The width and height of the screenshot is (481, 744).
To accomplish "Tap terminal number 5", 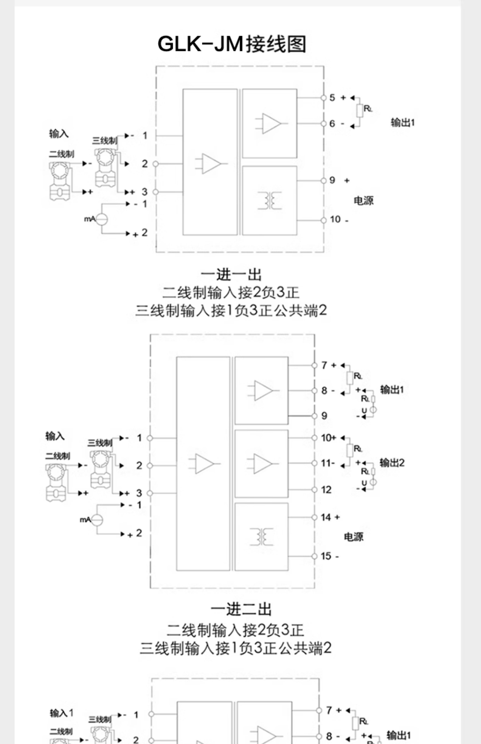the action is pos(332,98).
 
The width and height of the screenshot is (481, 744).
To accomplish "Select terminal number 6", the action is pos(332,124).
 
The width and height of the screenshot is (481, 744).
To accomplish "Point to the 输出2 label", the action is pos(392,463).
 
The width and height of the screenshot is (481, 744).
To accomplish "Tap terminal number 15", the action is pos(326,556).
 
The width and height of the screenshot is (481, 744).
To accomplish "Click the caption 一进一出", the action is pos(231,275).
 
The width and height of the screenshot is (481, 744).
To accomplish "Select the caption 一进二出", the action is pos(241,610).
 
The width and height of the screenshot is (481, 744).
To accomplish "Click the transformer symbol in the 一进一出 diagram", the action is pos(269,200).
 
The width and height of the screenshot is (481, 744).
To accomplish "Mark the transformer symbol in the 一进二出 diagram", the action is pos(261,536).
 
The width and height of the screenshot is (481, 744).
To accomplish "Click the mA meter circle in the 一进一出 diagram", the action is pos(101,219).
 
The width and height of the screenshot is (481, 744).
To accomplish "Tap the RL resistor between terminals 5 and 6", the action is pos(360,111).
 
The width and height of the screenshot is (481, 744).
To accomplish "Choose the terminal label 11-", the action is pos(328,463).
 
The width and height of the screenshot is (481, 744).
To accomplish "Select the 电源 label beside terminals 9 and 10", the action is pos(363,201).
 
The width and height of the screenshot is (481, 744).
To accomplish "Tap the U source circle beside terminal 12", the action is pos(373,482).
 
